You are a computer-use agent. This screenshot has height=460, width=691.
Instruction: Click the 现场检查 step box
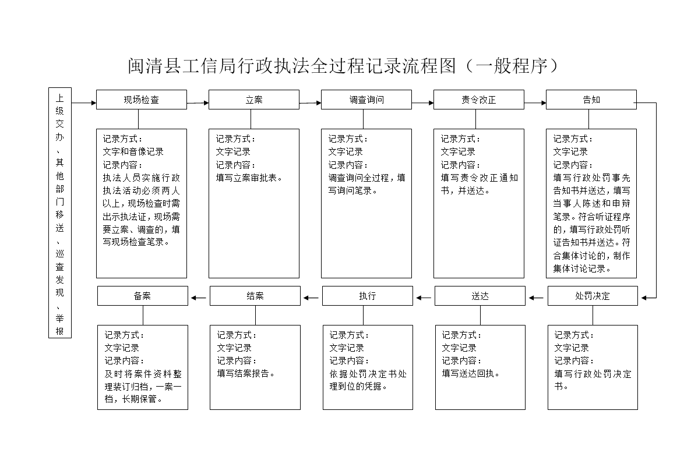tap(142, 100)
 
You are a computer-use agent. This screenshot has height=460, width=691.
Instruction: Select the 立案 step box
tap(254, 100)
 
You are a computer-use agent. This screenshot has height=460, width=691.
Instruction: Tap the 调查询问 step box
tap(366, 100)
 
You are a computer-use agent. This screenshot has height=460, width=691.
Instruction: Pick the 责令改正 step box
tap(478, 100)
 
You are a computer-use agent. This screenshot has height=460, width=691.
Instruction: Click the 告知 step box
tap(591, 100)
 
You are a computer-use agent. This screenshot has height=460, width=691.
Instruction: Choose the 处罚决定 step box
tap(593, 296)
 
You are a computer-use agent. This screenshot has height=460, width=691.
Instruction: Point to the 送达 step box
tap(480, 296)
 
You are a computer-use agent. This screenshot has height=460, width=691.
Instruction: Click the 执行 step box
tap(368, 296)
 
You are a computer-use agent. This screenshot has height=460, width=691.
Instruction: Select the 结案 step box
tap(255, 296)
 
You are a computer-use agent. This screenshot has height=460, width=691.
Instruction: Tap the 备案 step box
tap(142, 296)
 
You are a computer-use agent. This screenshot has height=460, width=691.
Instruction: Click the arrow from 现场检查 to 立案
tap(198, 103)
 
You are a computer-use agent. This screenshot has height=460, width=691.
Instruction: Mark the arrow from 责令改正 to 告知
tap(535, 103)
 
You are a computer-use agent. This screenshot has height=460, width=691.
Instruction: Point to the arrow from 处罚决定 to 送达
tap(537, 298)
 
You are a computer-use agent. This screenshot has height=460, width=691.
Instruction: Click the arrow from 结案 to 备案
tap(199, 298)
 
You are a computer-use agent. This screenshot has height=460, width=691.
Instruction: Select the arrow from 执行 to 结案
tap(311, 298)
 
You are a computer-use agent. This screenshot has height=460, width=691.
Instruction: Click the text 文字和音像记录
tap(133, 151)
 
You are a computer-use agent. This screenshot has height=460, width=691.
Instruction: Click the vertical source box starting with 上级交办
tap(59, 213)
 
